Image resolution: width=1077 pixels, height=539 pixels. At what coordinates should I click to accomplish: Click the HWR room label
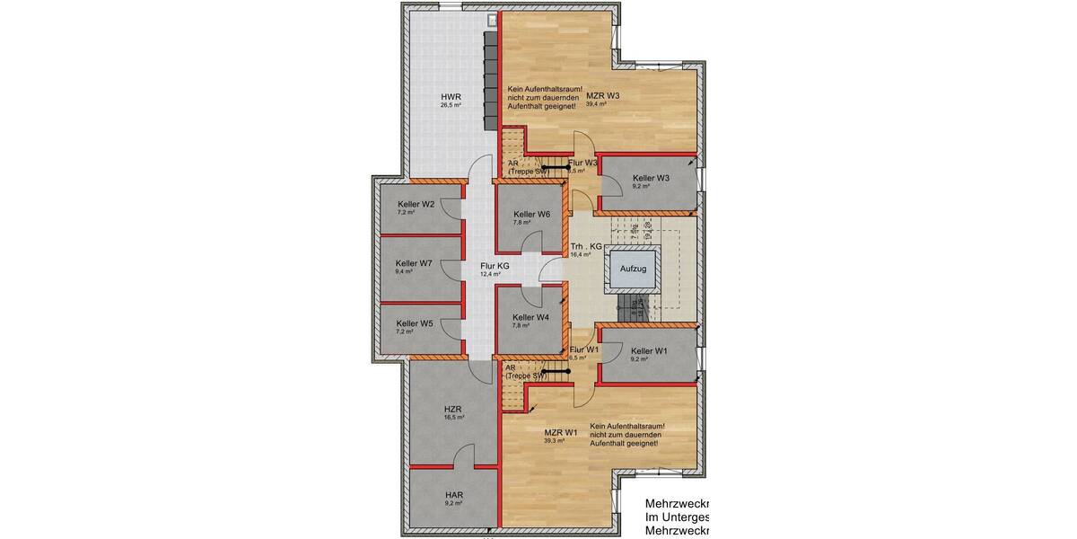click(450, 96)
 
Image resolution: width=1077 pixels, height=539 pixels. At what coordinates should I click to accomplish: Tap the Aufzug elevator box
click(632, 268)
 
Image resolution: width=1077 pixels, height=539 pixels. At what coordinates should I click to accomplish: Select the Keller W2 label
click(416, 204)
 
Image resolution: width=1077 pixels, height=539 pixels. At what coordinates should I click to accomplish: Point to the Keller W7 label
click(414, 263)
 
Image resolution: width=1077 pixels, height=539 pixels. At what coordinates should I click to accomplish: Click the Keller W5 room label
click(415, 323)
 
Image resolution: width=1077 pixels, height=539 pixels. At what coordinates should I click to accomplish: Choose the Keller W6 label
click(531, 214)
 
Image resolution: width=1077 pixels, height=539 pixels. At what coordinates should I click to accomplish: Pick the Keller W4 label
click(530, 317)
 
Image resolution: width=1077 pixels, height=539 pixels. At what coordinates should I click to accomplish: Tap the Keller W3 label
click(651, 178)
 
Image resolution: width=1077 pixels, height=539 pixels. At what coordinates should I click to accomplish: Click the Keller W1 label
click(650, 350)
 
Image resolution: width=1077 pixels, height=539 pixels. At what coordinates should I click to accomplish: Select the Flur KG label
click(495, 266)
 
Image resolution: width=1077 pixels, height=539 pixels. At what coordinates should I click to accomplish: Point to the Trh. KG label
click(584, 246)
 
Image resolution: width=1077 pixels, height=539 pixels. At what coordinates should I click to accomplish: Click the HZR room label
click(454, 408)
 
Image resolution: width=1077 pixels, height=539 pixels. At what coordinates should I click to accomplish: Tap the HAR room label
click(453, 494)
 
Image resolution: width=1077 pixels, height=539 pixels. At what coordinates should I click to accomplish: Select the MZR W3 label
click(603, 95)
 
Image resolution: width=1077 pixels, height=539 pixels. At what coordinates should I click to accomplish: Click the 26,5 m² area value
click(451, 105)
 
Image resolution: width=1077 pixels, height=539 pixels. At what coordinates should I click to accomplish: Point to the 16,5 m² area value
click(454, 417)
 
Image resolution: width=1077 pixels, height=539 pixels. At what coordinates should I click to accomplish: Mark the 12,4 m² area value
click(491, 274)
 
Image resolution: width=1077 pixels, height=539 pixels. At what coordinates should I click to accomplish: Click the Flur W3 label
click(582, 163)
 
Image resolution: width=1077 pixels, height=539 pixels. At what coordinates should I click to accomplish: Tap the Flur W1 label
click(583, 349)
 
